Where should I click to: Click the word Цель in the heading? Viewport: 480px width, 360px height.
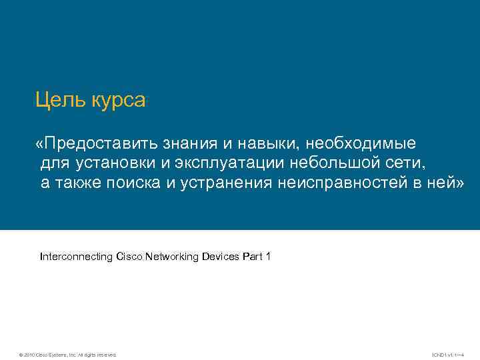[55, 101]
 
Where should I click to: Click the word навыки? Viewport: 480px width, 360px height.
[265, 144]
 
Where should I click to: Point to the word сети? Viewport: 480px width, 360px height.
[404, 163]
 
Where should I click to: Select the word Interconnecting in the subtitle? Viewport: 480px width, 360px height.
[76, 256]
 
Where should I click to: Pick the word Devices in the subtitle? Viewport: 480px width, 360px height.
[221, 256]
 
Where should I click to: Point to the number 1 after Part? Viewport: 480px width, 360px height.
[267, 256]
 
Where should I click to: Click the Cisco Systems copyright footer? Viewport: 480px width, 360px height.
[68, 354]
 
